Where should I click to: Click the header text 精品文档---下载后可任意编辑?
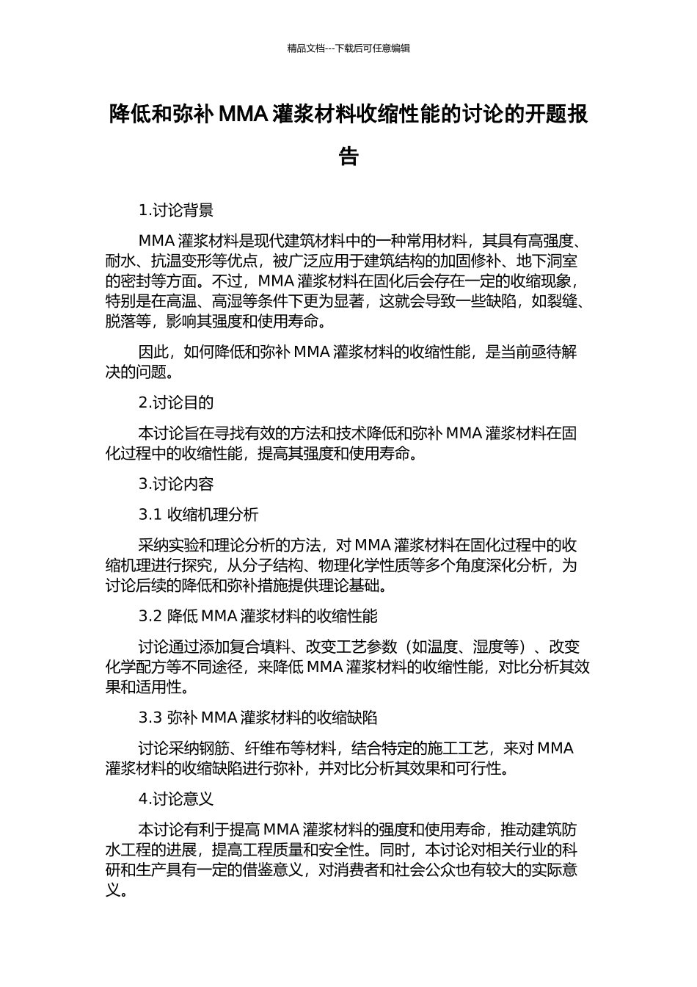click(348, 48)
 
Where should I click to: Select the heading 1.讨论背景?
click(176, 211)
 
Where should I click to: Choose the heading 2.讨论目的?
click(176, 402)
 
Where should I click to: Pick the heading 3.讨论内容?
click(176, 484)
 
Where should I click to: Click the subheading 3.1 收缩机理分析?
click(198, 515)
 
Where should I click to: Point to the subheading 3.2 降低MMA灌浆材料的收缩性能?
click(258, 616)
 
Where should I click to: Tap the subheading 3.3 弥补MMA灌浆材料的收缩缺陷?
click(258, 717)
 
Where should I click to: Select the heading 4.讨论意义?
click(176, 799)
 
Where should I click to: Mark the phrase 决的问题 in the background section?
click(136, 372)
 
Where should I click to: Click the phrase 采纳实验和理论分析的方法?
click(229, 546)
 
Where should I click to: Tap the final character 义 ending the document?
click(113, 891)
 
